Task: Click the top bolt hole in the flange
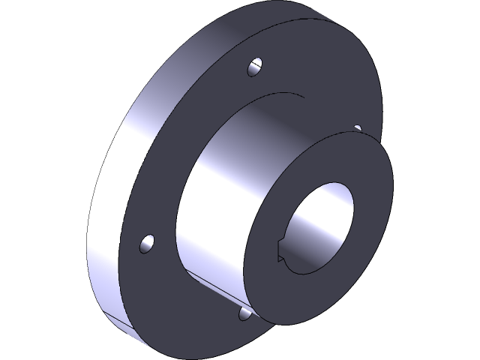[256, 67]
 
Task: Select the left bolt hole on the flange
[147, 244]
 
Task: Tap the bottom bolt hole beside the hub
[244, 313]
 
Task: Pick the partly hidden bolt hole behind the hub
[357, 129]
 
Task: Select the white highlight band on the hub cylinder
[214, 187]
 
